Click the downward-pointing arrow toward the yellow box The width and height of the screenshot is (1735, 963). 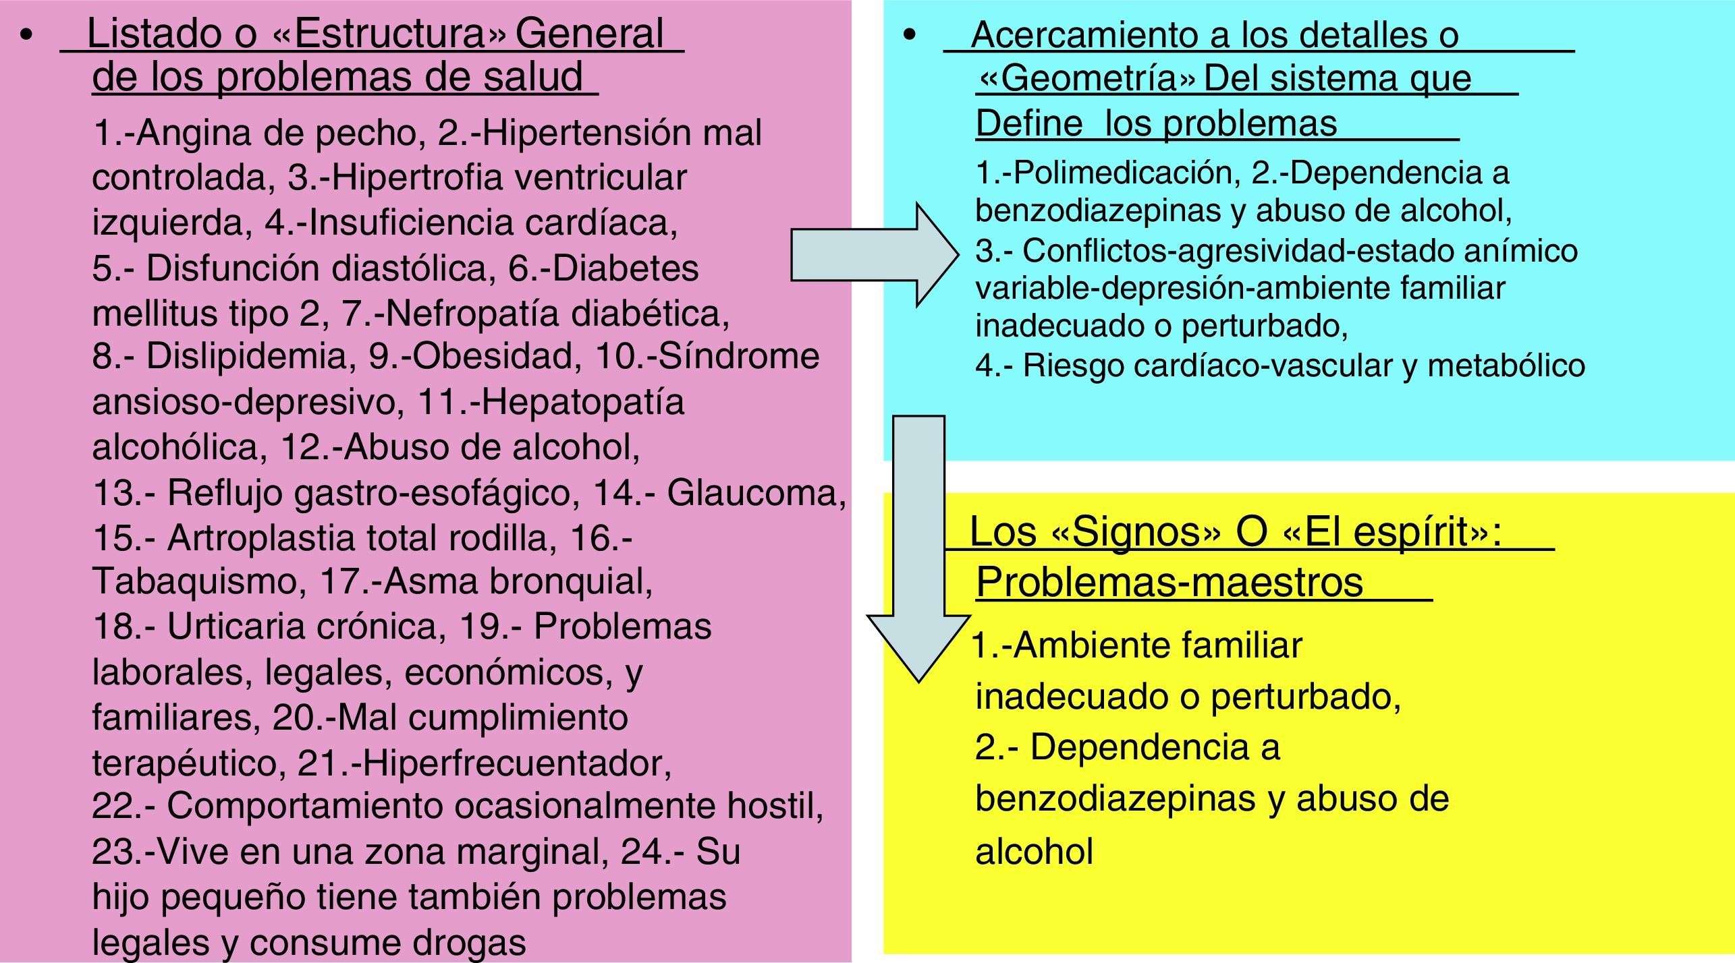[x=918, y=553]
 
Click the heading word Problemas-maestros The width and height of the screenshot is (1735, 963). [x=1169, y=581]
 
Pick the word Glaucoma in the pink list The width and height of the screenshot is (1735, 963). [x=756, y=493]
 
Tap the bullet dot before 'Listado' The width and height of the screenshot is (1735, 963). [x=26, y=36]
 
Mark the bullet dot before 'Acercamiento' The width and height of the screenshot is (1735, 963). [x=910, y=36]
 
